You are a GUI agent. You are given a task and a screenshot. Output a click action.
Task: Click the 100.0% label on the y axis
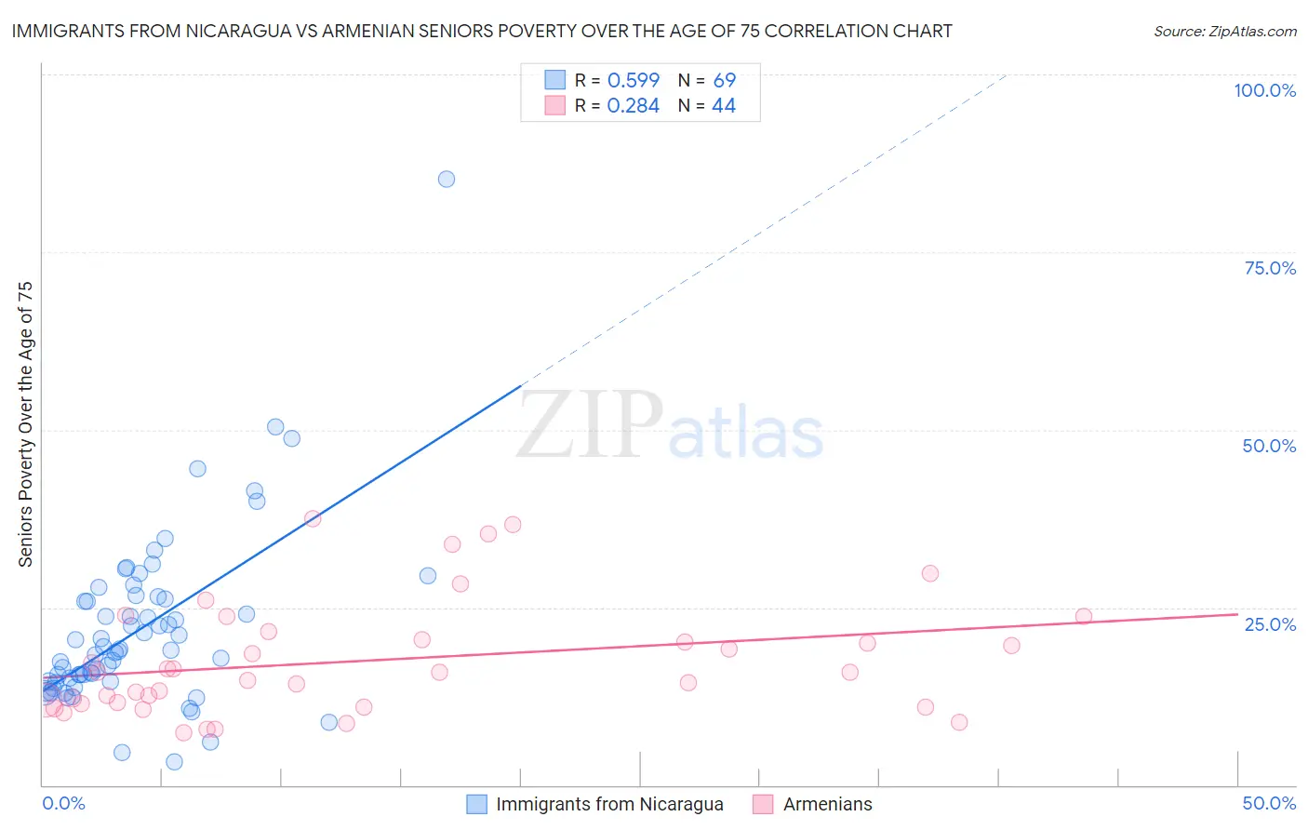pos(1264,90)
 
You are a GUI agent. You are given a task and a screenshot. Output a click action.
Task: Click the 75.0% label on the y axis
pos(1270,268)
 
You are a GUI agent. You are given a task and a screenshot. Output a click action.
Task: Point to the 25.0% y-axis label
pos(1270,623)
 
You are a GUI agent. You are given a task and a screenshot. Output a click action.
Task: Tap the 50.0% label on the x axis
pos(1269,803)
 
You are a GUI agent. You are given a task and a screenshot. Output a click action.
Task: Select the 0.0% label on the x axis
pos(63,803)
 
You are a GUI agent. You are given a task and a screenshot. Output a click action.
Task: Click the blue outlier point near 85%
pos(447,179)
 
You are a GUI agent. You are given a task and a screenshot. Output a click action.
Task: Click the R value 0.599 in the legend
pos(633,81)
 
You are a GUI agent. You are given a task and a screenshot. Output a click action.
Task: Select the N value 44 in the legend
pos(724,106)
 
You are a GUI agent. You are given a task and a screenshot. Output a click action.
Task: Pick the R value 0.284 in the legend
pos(633,106)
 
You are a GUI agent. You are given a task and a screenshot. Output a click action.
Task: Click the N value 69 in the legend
pos(724,81)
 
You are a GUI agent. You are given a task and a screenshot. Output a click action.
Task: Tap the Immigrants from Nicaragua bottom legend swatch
pos(476,804)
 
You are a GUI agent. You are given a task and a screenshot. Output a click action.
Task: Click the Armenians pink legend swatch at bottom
pos(763,804)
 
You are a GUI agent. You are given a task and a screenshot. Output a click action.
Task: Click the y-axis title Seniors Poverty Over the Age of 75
pos(25,424)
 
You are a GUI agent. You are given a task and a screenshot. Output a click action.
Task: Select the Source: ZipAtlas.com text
pos(1224,31)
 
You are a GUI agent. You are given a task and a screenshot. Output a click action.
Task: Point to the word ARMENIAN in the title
pos(363,31)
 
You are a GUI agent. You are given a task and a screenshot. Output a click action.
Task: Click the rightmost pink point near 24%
pos(1083,616)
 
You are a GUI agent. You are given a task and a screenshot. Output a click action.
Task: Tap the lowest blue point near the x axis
pos(174,762)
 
